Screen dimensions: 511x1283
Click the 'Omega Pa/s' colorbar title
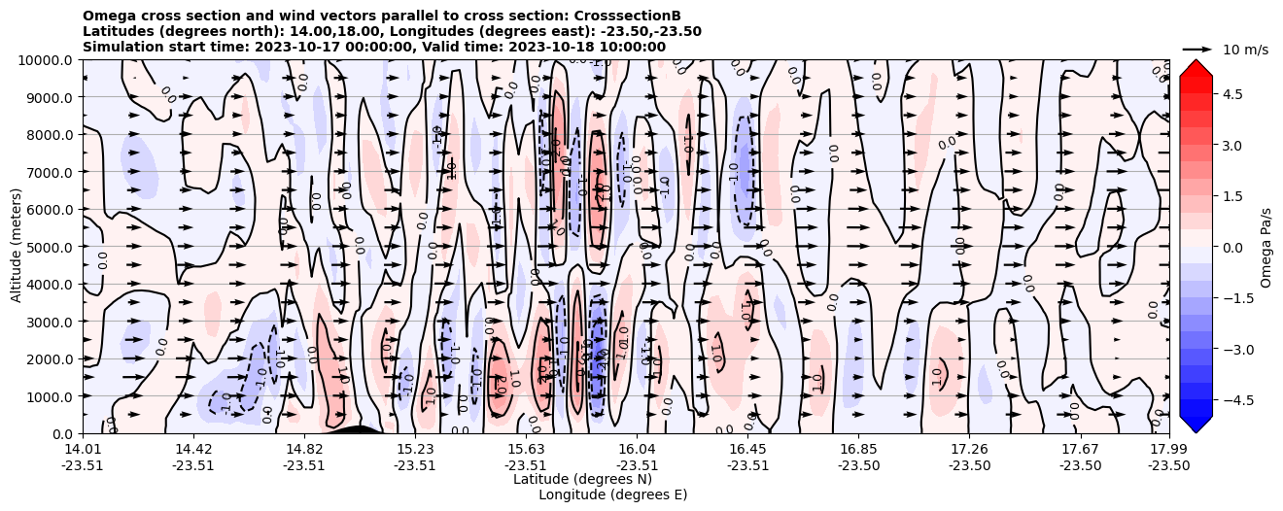(1266, 247)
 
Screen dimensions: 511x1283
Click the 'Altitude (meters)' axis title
(17, 247)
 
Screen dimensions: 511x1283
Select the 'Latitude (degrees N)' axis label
(582, 479)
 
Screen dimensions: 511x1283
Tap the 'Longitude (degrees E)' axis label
(612, 494)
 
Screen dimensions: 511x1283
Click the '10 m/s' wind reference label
(1245, 50)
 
